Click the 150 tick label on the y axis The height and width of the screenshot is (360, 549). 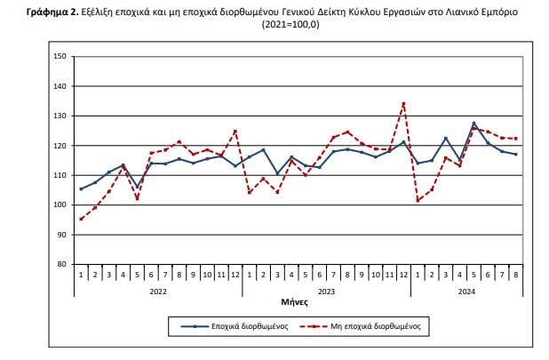click(x=60, y=57)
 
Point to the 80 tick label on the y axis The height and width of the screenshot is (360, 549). click(x=62, y=264)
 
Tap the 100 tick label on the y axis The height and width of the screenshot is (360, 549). click(x=60, y=204)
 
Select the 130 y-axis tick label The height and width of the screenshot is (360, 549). click(x=60, y=116)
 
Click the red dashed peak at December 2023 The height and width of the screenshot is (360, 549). click(x=403, y=103)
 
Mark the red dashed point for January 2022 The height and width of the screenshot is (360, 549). click(x=81, y=219)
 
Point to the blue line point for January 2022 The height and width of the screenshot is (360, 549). click(x=81, y=188)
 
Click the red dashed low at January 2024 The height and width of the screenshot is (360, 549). click(x=418, y=201)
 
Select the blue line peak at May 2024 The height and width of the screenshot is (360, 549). click(x=473, y=123)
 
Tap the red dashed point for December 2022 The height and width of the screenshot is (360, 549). click(x=235, y=131)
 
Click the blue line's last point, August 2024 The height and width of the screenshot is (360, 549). click(x=515, y=154)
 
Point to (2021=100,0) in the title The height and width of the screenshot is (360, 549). click(x=290, y=27)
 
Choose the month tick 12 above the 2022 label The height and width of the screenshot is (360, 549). click(x=235, y=275)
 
